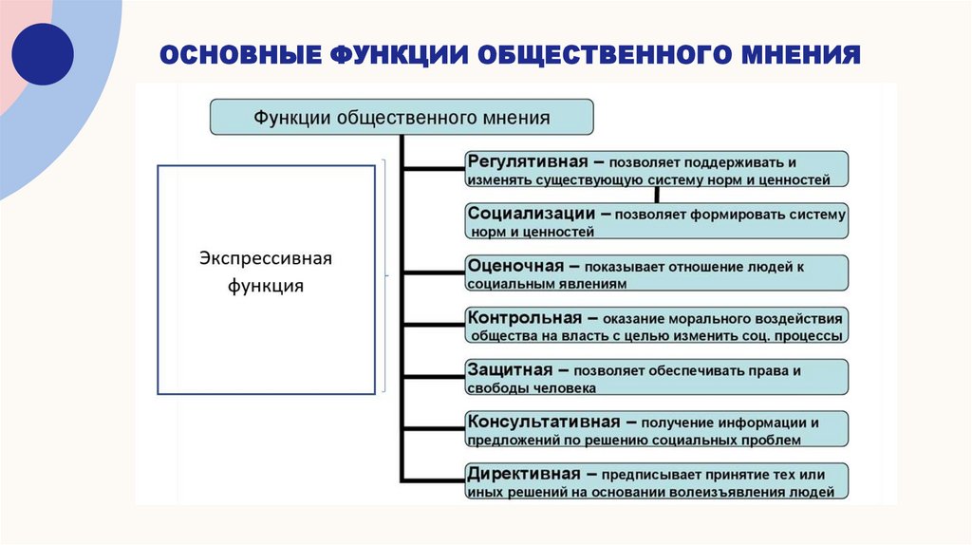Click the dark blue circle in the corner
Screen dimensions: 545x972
(42, 54)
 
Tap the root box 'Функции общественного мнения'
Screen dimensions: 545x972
(401, 118)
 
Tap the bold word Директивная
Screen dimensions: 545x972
(523, 474)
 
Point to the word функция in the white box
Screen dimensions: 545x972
(266, 286)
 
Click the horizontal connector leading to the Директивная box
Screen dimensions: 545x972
(435, 480)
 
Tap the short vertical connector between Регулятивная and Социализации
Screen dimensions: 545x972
(657, 195)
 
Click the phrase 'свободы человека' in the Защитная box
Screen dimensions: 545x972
(532, 387)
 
